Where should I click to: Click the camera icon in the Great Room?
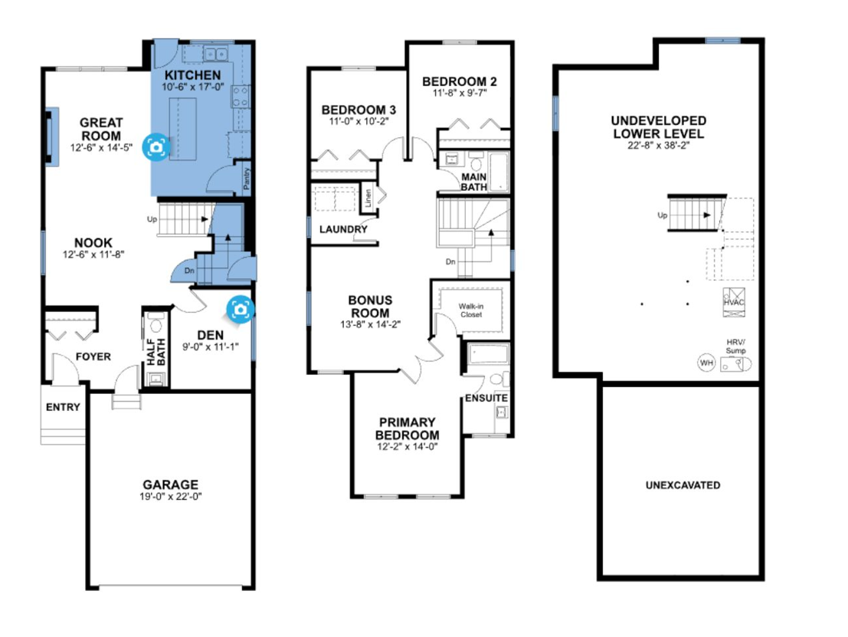[x=156, y=146]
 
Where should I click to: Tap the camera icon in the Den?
[x=240, y=309]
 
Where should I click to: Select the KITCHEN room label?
[x=192, y=75]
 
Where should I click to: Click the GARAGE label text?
[x=170, y=484]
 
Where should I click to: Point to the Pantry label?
[x=247, y=179]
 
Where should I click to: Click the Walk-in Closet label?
[x=471, y=310]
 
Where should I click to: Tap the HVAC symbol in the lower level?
[x=734, y=302]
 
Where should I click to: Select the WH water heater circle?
[x=706, y=363]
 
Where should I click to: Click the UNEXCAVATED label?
[x=683, y=485]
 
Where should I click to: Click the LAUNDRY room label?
[x=343, y=229]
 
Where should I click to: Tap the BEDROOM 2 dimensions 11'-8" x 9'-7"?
[x=460, y=93]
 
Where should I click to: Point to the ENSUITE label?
[x=486, y=398]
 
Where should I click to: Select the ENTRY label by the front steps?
[x=63, y=407]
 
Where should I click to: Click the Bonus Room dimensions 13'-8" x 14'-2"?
[x=371, y=325]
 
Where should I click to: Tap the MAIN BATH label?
[x=473, y=182]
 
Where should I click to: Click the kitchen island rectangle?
[x=183, y=130]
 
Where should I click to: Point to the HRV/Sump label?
[x=735, y=346]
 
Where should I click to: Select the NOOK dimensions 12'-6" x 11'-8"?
[x=93, y=254]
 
